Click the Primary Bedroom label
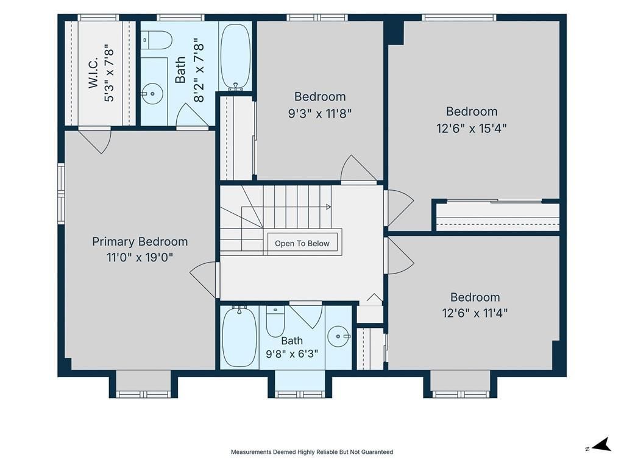(x=140, y=241)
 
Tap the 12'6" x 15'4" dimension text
(x=471, y=129)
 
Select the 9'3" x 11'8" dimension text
(x=319, y=114)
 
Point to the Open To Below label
(x=302, y=244)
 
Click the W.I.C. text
(x=93, y=73)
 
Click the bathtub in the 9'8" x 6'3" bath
(x=239, y=336)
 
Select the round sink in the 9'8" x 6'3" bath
(x=339, y=336)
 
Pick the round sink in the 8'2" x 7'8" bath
(x=152, y=94)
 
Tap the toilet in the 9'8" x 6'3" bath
(x=275, y=322)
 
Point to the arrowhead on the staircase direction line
(x=328, y=207)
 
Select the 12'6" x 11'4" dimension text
(x=475, y=313)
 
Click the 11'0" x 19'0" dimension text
(x=140, y=258)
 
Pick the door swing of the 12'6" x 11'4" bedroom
(x=400, y=255)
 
